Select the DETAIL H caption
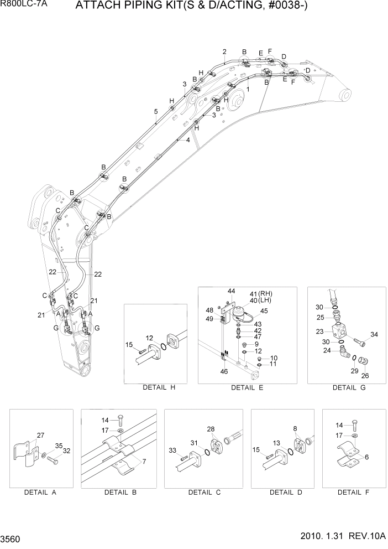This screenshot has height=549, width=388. [159, 387]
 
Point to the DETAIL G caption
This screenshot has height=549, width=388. [348, 387]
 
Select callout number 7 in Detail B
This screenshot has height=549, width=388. [145, 460]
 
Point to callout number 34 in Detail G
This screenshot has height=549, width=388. [374, 334]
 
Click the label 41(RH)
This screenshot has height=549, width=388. [261, 293]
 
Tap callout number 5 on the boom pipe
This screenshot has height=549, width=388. [156, 111]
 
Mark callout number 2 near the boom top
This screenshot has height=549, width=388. [224, 52]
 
